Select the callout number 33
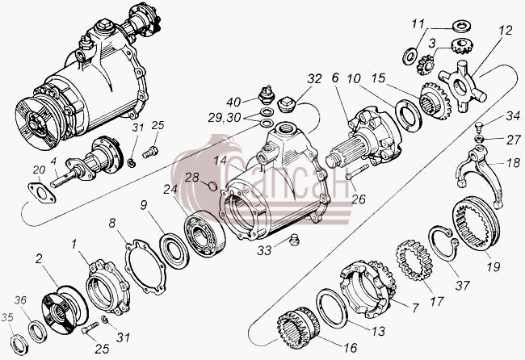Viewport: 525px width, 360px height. click(x=265, y=250)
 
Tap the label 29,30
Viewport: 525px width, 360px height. click(x=225, y=118)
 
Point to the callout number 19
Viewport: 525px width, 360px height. click(x=493, y=266)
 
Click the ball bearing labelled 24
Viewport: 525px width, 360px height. click(x=204, y=234)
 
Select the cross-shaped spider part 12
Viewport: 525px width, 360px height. click(x=463, y=86)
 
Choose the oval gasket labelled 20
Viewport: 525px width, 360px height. click(x=42, y=193)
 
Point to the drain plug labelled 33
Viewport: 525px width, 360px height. click(x=294, y=241)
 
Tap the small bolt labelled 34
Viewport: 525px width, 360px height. click(x=478, y=128)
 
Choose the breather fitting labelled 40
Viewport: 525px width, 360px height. click(x=266, y=94)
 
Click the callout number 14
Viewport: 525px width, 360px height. click(x=221, y=161)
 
